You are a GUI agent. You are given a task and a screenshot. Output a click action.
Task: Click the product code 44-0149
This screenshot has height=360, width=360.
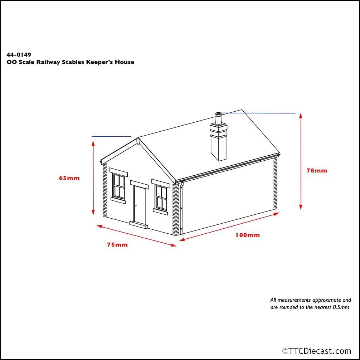[x=19, y=55]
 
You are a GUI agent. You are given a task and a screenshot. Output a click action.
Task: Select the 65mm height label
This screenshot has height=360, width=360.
[x=69, y=178]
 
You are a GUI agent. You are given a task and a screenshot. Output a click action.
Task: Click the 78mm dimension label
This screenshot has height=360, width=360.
[x=317, y=171]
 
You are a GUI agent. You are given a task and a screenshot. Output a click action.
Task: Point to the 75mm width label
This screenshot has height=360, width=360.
[x=117, y=245]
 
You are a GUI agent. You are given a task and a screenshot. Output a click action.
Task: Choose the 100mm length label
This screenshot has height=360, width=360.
[x=248, y=235]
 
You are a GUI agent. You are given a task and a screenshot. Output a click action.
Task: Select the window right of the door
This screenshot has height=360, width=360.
[x=161, y=197]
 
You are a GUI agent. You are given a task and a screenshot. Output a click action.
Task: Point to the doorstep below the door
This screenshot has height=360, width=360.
[x=138, y=225]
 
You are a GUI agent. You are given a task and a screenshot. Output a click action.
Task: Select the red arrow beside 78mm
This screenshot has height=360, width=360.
[x=301, y=161]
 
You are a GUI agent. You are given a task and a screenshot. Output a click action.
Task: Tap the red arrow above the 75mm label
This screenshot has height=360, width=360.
[x=136, y=235]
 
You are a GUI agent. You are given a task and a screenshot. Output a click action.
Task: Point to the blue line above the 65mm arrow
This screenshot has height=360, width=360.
[x=111, y=136]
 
